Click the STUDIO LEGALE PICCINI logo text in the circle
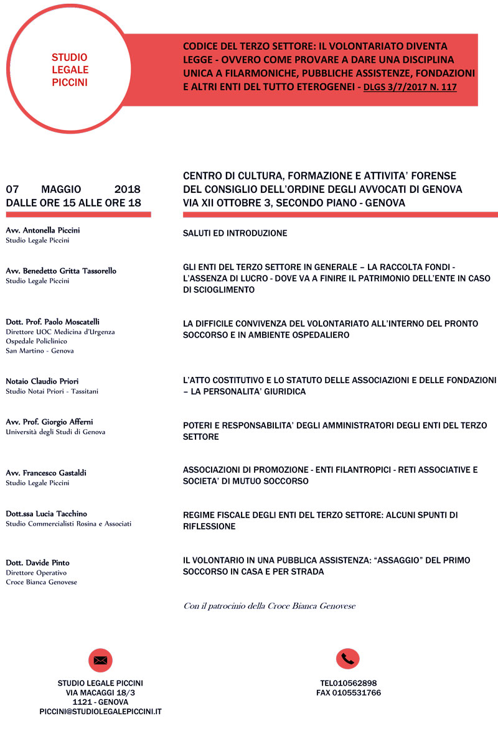70,69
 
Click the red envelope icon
100,660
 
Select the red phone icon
348,659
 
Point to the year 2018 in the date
128,189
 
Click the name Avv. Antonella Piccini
43,230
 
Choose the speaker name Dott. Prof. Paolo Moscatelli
52,322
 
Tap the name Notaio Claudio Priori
42,381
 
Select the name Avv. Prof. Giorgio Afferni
49,422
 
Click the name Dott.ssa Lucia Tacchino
46,514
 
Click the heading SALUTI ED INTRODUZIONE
235,233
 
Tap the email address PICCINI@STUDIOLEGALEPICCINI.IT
100,711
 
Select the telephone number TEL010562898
349,683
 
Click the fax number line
349,692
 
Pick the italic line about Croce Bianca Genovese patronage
269,606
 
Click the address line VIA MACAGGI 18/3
100,692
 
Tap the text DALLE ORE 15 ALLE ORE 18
73,203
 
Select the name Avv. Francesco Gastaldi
46,473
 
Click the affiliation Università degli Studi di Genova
55,432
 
